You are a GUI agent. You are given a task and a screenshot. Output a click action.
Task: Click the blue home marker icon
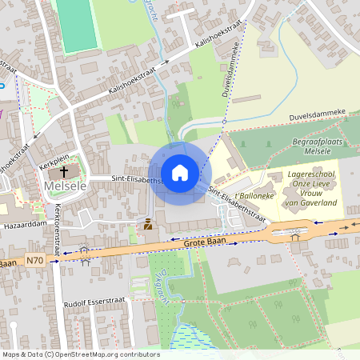click(180, 173)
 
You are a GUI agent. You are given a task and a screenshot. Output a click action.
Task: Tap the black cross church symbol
click(63, 172)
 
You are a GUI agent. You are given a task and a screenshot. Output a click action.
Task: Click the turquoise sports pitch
click(75, 24)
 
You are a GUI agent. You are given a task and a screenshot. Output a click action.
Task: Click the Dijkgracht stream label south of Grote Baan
click(157, 278)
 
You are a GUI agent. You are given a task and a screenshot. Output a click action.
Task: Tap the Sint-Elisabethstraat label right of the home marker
click(237, 205)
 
